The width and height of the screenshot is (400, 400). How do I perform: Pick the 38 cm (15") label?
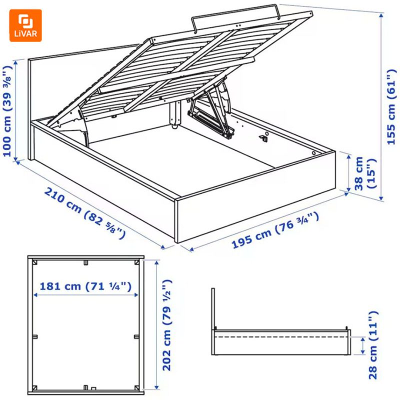[x=364, y=172]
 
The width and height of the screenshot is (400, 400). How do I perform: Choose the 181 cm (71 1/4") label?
[x=85, y=286]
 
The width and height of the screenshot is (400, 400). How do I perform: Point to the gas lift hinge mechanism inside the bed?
[x=210, y=112]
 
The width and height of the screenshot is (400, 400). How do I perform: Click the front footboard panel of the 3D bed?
[x=255, y=197]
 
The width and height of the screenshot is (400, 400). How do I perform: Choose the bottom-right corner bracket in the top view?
[x=135, y=387]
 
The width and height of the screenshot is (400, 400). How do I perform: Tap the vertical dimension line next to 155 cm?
[x=381, y=107]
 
